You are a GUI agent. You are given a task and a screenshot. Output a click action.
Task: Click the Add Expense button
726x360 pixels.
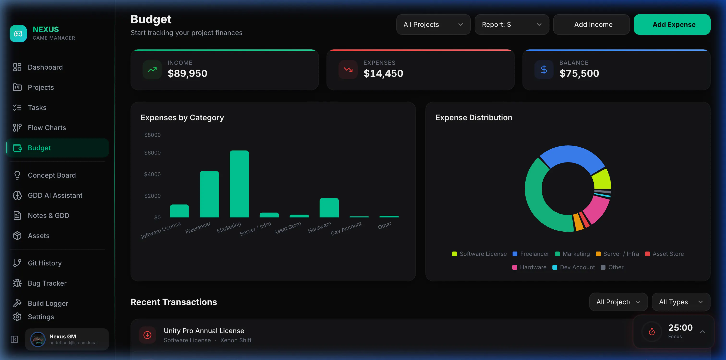coord(672,24)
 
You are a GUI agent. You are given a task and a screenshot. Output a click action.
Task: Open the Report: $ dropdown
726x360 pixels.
coord(512,24)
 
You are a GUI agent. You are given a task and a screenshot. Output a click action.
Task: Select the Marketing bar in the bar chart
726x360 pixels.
coord(239,184)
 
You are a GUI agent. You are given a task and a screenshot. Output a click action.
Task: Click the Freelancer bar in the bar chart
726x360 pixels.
coord(209,194)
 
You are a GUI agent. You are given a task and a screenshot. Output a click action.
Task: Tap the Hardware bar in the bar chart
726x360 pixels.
coord(329,208)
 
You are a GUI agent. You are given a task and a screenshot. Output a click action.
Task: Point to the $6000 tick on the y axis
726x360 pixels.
coord(152,153)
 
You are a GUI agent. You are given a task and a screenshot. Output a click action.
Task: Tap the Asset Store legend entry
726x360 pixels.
coord(664,254)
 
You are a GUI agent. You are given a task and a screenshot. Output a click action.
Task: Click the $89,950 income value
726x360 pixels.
coord(188,73)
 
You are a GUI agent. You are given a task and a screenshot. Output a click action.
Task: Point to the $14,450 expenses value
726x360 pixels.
coord(383,73)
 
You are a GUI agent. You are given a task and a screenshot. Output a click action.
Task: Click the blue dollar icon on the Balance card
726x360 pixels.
coord(544,70)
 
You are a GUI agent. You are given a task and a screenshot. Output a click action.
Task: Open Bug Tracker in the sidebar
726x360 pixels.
coord(47,283)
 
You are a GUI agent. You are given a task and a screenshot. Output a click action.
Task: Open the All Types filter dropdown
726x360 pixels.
coord(681,302)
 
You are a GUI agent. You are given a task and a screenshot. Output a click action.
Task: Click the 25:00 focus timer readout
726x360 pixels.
coord(680,328)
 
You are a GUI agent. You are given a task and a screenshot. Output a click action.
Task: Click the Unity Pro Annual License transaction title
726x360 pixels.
coord(204,331)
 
